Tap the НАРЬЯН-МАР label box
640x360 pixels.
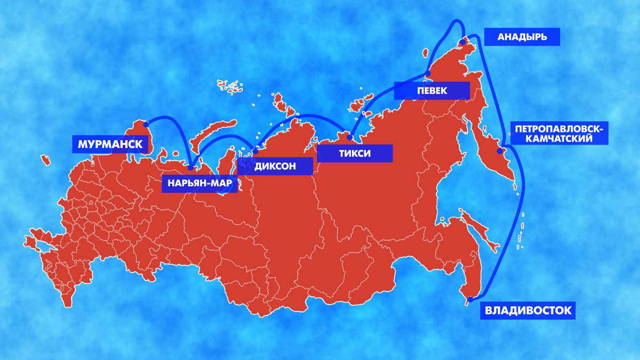point(199,183)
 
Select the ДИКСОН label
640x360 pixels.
point(275,166)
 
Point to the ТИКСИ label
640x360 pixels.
point(355,154)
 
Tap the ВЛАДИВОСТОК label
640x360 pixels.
point(527,310)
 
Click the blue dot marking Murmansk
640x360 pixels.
point(146,124)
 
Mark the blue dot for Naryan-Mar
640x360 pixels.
point(191,167)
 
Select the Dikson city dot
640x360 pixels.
point(255,151)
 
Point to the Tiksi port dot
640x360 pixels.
point(350,138)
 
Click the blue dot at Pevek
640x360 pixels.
point(428,74)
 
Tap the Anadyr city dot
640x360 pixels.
point(463,41)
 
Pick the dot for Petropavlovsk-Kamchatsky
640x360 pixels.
point(500,151)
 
